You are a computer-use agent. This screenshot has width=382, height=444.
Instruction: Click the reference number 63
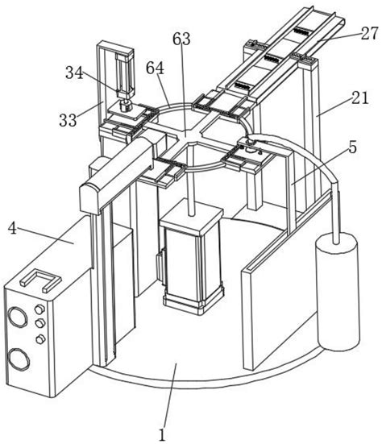point(181,39)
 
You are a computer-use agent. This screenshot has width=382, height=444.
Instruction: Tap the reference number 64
point(156,68)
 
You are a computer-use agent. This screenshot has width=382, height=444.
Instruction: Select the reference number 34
point(74,73)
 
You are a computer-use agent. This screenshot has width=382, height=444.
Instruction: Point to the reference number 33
point(68,120)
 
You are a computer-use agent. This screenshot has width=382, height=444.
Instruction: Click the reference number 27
point(369,33)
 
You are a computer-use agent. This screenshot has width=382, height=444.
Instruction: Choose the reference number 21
point(360,98)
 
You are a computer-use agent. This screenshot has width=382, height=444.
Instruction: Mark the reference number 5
point(352,147)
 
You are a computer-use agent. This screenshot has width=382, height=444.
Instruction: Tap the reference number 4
point(13,228)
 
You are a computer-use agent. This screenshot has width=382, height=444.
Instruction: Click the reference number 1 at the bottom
point(162,434)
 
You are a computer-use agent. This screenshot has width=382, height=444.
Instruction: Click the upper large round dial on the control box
point(18,317)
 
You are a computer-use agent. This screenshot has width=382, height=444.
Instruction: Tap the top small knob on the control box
point(40,309)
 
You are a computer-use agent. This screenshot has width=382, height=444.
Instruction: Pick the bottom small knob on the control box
point(41,339)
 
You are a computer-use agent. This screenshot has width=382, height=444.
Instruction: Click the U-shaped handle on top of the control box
point(41,280)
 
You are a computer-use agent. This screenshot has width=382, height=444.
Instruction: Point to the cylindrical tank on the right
point(338,292)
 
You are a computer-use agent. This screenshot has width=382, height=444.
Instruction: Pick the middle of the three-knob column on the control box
point(40,323)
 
